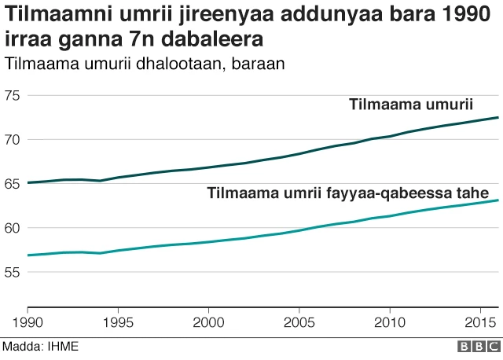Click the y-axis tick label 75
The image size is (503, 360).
click(15, 96)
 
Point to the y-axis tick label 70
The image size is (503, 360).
click(15, 140)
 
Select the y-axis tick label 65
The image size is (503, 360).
click(15, 184)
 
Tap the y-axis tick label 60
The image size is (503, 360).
click(15, 228)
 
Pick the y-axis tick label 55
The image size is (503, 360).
click(15, 272)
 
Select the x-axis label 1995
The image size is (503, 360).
click(118, 322)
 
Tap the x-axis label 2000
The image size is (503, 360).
click(208, 322)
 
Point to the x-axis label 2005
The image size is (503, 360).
click(299, 322)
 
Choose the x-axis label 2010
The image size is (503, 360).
click(389, 322)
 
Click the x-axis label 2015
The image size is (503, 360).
click(478, 322)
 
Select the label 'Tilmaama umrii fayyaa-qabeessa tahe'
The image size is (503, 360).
click(348, 193)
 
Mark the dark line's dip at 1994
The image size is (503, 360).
click(100, 181)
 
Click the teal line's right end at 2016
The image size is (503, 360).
click(498, 200)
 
